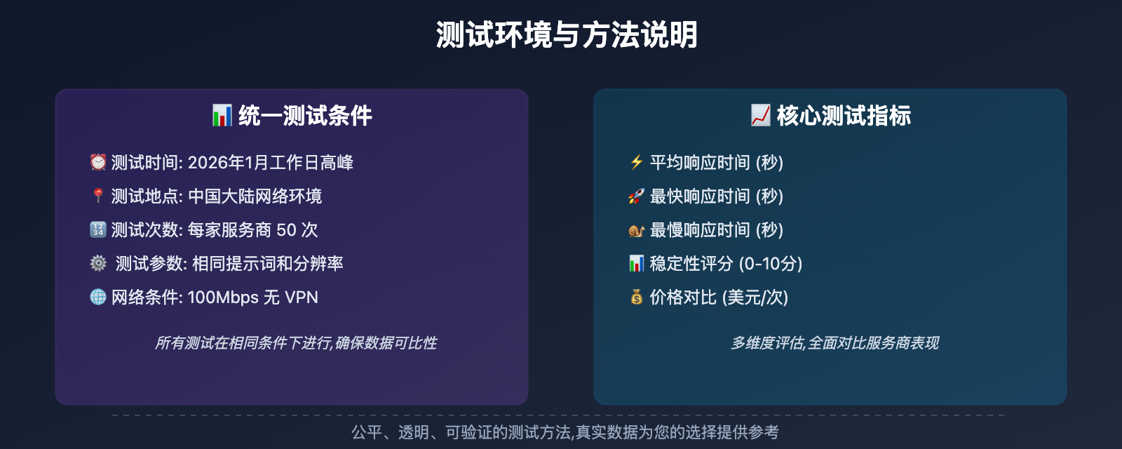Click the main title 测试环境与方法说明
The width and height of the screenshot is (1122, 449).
tap(567, 34)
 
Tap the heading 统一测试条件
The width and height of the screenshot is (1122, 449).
tap(305, 116)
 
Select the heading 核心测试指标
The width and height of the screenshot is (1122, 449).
tap(844, 116)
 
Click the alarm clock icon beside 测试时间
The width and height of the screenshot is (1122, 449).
tap(98, 162)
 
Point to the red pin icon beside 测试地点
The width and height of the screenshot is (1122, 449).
tap(98, 196)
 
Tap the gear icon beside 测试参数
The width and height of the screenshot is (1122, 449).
tap(98, 263)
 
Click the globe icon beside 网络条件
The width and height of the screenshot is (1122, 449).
tap(98, 297)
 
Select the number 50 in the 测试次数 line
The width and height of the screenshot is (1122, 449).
tap(286, 229)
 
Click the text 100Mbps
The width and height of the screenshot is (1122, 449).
tap(223, 297)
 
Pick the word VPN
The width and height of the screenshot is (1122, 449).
tap(302, 297)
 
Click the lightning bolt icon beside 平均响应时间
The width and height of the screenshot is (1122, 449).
tap(636, 162)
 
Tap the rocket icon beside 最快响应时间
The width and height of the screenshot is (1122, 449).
tap(636, 196)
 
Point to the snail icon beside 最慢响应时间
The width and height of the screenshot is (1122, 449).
tap(636, 229)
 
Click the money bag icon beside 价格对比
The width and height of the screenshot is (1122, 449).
tap(636, 297)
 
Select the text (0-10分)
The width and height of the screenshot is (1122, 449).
tap(770, 263)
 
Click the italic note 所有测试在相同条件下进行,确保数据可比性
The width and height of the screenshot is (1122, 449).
tap(295, 342)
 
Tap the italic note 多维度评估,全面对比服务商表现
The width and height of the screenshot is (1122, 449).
tap(834, 342)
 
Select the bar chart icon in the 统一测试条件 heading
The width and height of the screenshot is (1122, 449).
tap(222, 116)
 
